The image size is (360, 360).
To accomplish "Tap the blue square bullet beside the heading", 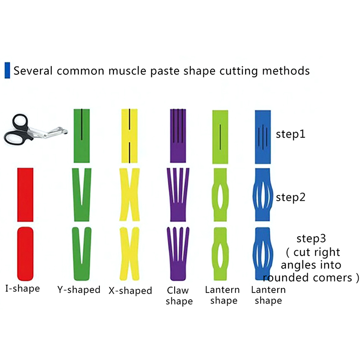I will (x=7, y=70).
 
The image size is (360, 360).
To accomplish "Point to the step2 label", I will (x=291, y=197).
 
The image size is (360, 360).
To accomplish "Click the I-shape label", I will (x=22, y=288).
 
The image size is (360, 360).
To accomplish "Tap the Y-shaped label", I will (x=79, y=289).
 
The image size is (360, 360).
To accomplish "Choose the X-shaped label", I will (x=130, y=291).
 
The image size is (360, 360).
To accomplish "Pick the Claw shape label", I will (x=179, y=296).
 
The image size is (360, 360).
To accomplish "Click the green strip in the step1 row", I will (x=82, y=135).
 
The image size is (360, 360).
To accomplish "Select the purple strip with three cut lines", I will (x=179, y=135).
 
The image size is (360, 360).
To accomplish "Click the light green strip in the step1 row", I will (x=220, y=135).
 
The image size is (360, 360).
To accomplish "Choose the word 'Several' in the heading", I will (x=31, y=71).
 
